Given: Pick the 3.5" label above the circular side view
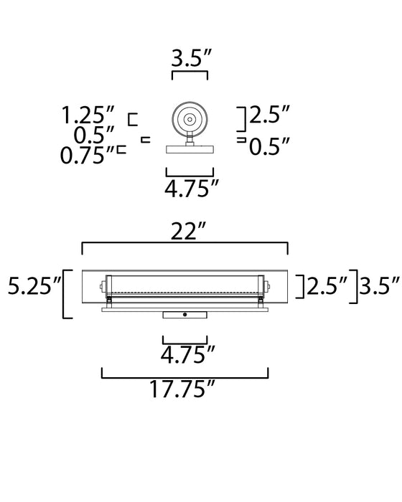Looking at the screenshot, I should coord(190,58).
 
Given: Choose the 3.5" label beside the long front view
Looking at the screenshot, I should coord(380,288).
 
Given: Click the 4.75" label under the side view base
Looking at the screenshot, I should coord(191,189).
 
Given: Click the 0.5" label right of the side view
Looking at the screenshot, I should coord(270,148).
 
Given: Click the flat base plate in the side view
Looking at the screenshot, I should coord(190,150).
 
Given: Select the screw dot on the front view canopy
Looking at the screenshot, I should coord(185,315).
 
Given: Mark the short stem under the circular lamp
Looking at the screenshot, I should coord(190,141).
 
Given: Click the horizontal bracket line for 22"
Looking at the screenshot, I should coord(185,244).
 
